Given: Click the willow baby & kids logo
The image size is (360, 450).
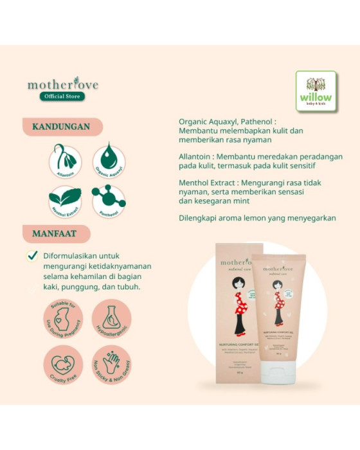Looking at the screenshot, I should [316, 91].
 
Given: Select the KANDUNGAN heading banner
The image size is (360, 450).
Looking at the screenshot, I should [62, 126].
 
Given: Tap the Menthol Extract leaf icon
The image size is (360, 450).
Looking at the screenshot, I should [65, 201].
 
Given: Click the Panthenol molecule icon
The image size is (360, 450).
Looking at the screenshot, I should [109, 201].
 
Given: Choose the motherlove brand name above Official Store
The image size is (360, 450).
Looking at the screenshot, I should [63, 84].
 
